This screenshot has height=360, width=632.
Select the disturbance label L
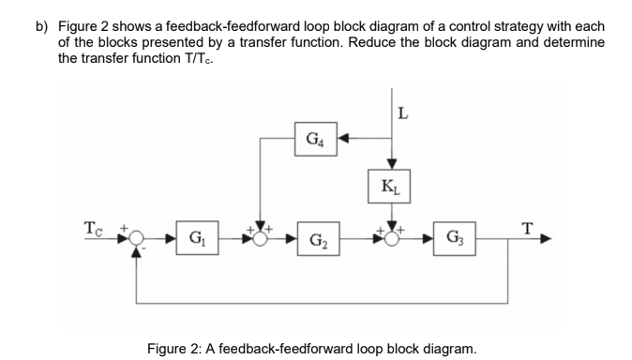[x=403, y=115]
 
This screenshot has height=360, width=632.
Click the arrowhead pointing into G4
[x=343, y=142]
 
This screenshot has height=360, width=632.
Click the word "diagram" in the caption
[x=446, y=348]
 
